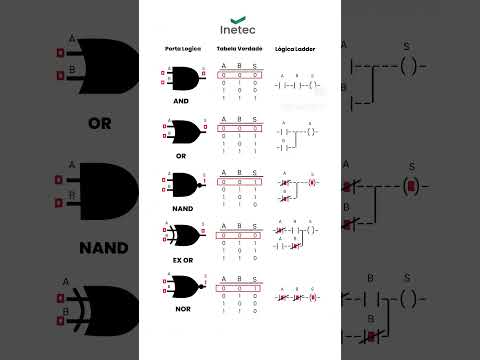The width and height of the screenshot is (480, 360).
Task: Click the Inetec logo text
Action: point(239,29)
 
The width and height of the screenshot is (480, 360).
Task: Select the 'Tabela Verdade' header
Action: point(239,48)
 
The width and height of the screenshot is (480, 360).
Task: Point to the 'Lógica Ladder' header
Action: point(298,48)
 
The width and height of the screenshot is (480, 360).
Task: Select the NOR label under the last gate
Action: point(181,312)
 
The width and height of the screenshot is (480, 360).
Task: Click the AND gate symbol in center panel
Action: point(182,78)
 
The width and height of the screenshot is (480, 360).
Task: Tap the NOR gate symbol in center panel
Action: point(182,288)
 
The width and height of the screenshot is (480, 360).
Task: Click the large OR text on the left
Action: point(99,125)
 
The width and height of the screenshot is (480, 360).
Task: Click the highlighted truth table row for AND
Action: point(240,74)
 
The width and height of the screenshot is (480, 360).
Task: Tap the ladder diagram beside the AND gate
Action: point(298,83)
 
